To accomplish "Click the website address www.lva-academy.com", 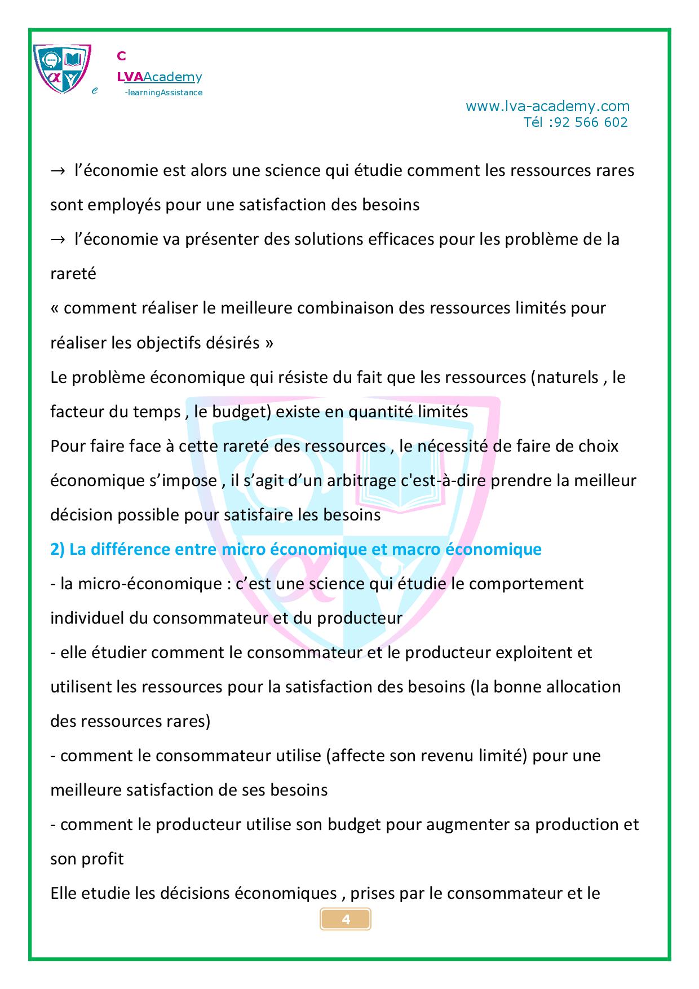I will click(547, 106).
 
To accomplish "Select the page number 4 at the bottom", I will click(346, 920).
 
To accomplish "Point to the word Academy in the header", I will click(172, 77).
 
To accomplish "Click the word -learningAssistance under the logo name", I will click(163, 92).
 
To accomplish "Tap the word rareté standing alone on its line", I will click(73, 274).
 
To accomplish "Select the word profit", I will click(103, 859).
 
